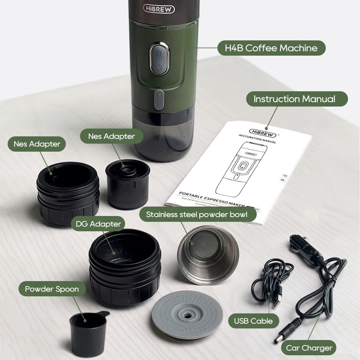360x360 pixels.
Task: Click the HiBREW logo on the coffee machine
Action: click(159, 9)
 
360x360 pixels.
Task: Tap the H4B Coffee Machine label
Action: click(271, 48)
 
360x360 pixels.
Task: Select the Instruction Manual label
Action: click(294, 99)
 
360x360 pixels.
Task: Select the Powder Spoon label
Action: click(52, 289)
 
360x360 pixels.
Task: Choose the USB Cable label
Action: click(253, 321)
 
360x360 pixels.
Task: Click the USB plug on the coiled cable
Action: click(276, 301)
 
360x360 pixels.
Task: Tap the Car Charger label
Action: click(309, 348)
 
